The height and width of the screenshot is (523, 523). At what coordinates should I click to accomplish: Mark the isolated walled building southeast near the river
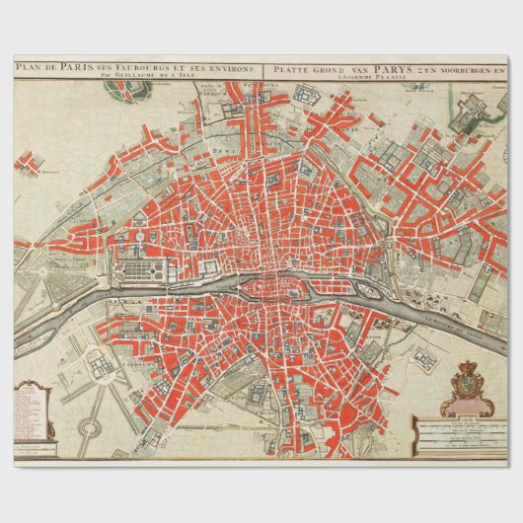pos(424,359)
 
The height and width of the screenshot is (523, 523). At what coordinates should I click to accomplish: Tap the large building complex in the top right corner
pos(470,110)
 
